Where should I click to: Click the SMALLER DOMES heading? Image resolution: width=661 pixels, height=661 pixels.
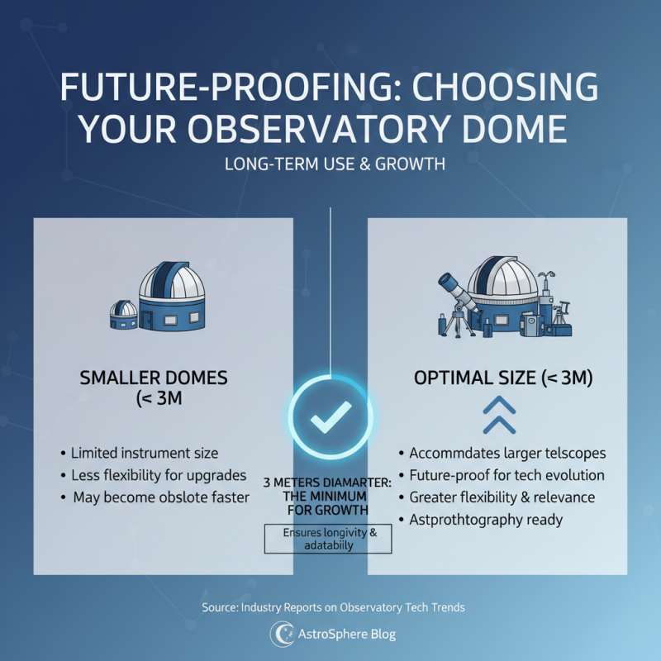point(154,378)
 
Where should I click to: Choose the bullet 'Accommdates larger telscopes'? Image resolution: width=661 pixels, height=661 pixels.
point(507,454)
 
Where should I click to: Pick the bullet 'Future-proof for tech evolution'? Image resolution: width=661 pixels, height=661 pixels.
point(507,476)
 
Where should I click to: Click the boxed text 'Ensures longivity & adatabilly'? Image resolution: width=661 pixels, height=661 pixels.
point(329,540)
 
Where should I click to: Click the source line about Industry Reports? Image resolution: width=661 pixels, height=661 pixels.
point(333,607)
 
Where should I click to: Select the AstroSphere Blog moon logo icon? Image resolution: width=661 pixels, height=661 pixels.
point(281,634)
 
